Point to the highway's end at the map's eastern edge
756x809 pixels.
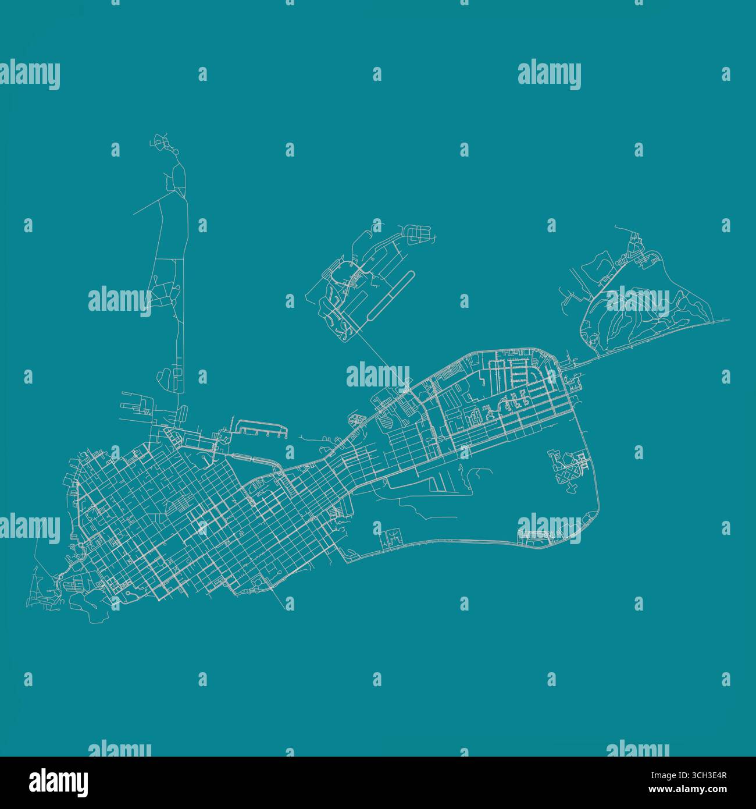(728, 320)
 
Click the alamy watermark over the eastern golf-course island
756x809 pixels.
(638, 301)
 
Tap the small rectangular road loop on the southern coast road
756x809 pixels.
(392, 537)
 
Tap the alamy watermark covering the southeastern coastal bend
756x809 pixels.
(549, 528)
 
